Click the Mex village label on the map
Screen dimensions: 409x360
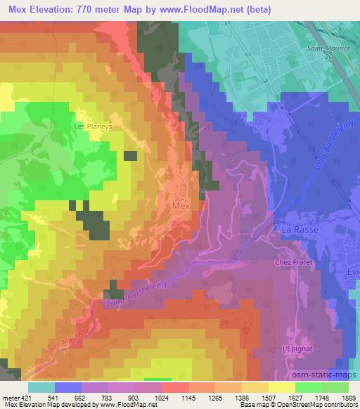pyautogui.click(x=181, y=206)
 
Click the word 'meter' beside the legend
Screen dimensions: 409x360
pyautogui.click(x=8, y=398)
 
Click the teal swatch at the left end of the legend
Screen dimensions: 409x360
pyautogui.click(x=41, y=387)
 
